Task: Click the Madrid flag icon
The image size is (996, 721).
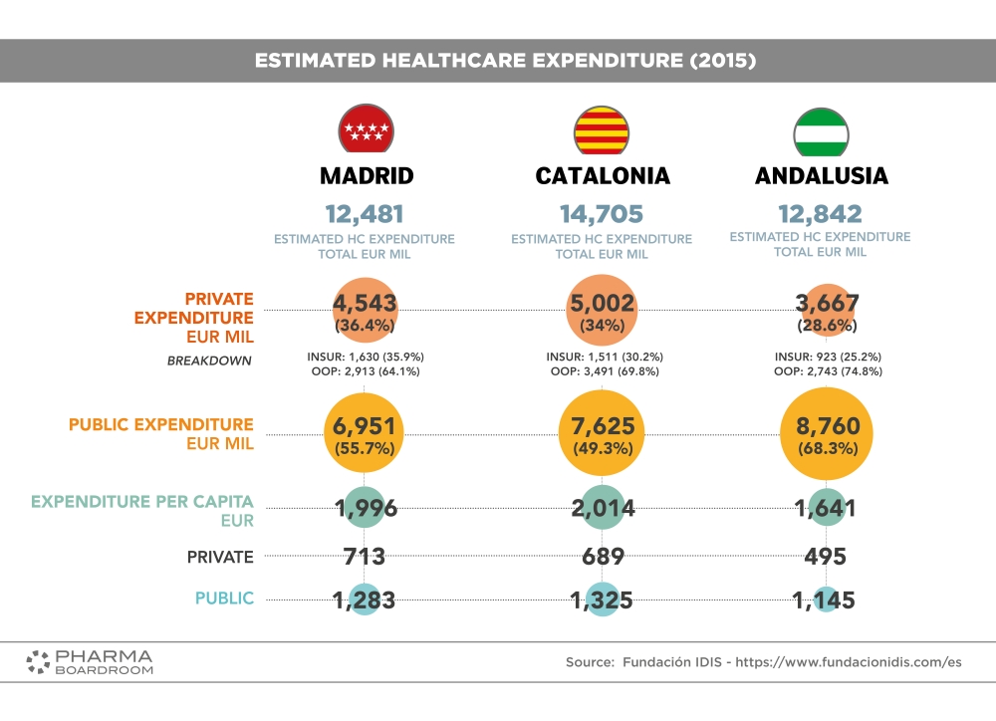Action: pos(366,127)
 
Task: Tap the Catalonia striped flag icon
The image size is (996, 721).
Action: pos(602,127)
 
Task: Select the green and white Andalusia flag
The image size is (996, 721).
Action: pos(821,127)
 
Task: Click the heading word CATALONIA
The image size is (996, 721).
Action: pos(603,176)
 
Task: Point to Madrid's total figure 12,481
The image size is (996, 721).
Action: pos(365,214)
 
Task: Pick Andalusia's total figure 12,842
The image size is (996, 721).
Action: pos(821,214)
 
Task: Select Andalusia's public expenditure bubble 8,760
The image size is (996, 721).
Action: pos(821,435)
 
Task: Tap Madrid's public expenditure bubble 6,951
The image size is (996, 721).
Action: pos(366,435)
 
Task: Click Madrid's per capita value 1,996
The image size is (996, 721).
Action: pos(366,509)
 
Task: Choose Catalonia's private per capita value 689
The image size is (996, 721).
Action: pos(602,557)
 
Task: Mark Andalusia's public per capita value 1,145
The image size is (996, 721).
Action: pos(823,600)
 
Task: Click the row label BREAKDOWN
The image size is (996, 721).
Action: pos(210,361)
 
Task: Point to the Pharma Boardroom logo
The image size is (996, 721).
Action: pos(90,662)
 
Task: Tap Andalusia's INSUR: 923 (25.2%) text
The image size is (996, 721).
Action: pos(828,357)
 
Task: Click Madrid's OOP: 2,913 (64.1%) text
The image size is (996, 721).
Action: pos(365,371)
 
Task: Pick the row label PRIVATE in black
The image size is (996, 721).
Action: pos(220,557)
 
